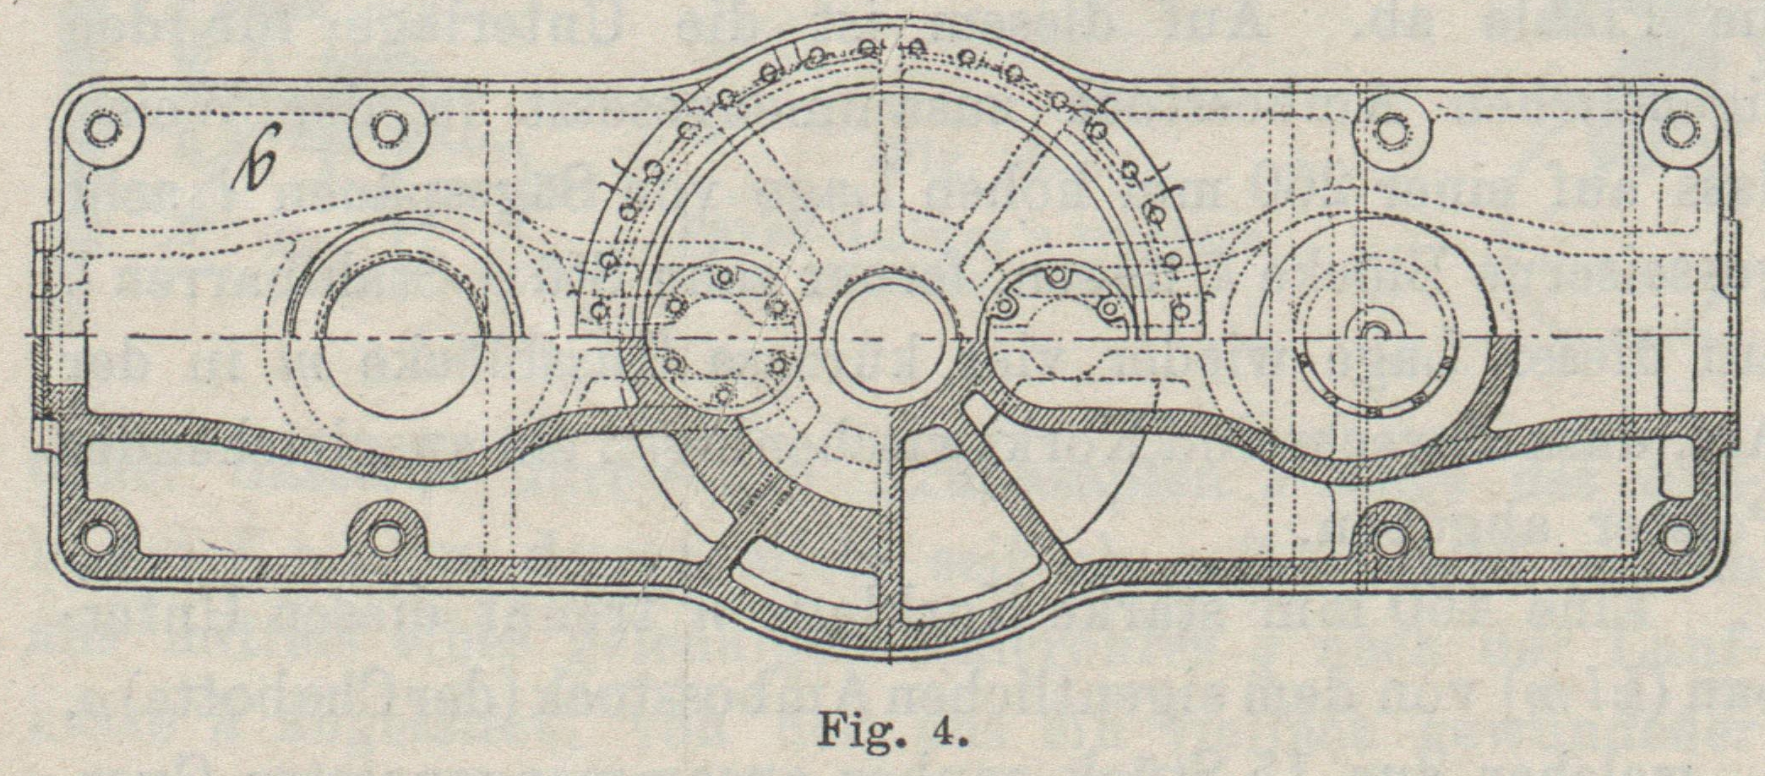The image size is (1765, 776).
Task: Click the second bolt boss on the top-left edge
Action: (386, 129)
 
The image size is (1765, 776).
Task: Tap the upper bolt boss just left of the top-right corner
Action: (1386, 129)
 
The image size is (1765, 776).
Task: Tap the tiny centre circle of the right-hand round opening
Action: (1374, 331)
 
